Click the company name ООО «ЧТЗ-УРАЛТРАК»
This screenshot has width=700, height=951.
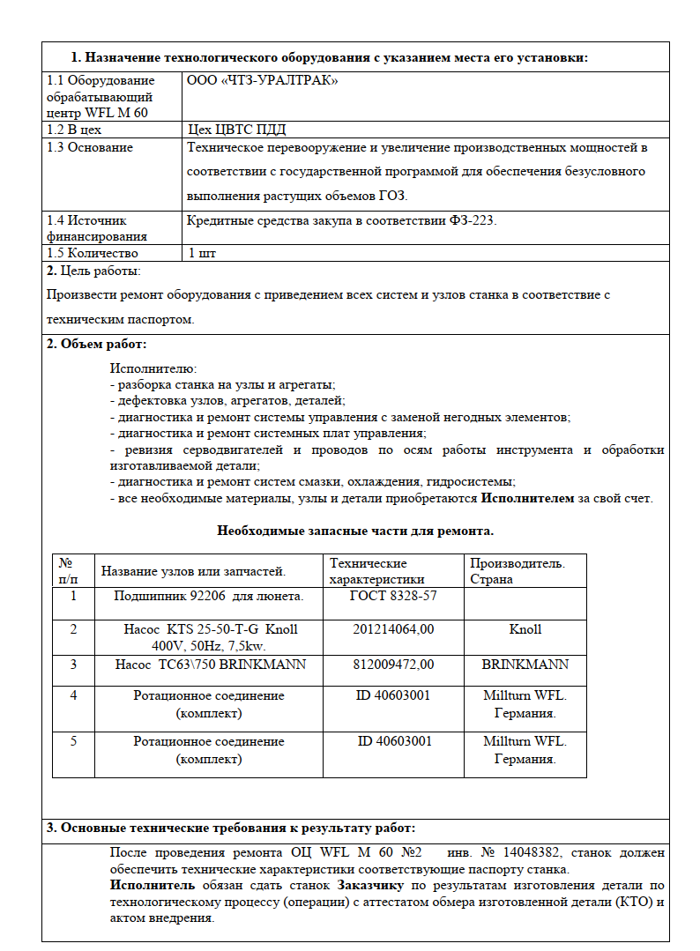(x=263, y=80)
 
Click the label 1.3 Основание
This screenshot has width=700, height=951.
(x=89, y=147)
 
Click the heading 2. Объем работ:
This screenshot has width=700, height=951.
(x=96, y=344)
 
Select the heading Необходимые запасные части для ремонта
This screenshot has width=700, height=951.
(x=355, y=531)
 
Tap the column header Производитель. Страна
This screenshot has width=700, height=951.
(x=517, y=571)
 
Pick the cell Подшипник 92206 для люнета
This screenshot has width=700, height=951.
(x=209, y=596)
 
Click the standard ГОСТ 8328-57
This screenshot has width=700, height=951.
(x=393, y=596)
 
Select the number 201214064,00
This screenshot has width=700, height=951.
(x=393, y=629)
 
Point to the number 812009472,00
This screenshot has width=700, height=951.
(x=393, y=664)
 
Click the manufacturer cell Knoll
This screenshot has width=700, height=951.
(x=525, y=629)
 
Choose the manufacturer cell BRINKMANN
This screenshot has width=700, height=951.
(x=525, y=664)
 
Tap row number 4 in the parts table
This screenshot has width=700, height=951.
(x=73, y=695)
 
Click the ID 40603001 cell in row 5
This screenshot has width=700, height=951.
(x=394, y=741)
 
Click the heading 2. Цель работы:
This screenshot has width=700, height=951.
(x=93, y=271)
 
